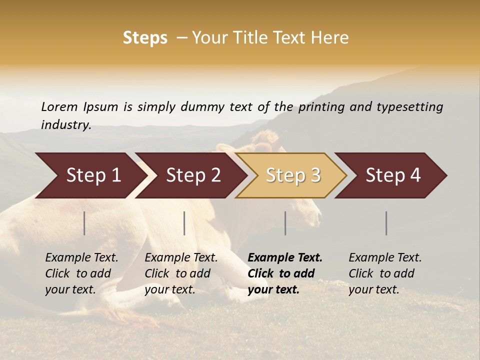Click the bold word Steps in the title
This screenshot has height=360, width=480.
[x=145, y=38]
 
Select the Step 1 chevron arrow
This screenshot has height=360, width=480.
[x=90, y=175]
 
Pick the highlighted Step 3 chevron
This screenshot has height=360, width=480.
[x=292, y=175]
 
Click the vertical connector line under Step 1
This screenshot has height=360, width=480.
[x=84, y=223]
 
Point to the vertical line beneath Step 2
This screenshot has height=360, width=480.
[x=184, y=223]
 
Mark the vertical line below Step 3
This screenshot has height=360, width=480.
[x=285, y=223]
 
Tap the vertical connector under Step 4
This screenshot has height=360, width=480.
[x=386, y=223]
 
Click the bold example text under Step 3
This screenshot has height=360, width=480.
[x=285, y=273]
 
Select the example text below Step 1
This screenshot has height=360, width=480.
[x=81, y=273]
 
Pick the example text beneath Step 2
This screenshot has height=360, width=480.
[x=181, y=273]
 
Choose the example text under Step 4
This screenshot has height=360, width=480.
[x=385, y=273]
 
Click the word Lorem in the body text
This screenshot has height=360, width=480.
[x=59, y=106]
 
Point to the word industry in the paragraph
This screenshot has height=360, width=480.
[x=66, y=125]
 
